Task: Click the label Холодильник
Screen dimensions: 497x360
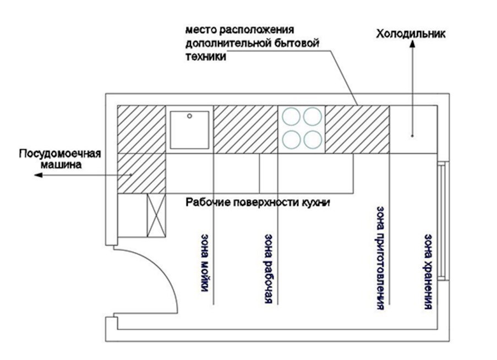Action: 411,34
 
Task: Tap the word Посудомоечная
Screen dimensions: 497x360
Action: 60,154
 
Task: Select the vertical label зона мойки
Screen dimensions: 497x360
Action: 205,263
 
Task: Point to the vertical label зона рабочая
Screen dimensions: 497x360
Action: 269,269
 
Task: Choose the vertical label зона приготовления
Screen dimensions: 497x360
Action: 380,258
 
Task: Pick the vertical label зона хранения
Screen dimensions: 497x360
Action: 428,271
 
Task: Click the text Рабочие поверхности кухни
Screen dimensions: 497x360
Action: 258,202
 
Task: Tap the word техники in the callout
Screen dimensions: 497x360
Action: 206,56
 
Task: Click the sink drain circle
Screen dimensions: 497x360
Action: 189,116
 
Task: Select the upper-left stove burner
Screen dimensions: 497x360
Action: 291,117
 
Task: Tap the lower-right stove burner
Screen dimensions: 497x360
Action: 313,140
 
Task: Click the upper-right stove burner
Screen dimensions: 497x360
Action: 313,117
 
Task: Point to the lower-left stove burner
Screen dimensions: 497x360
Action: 291,140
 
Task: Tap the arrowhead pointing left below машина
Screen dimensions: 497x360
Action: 39,174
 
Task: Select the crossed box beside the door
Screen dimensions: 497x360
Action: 156,215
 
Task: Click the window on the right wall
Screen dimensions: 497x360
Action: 444,221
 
